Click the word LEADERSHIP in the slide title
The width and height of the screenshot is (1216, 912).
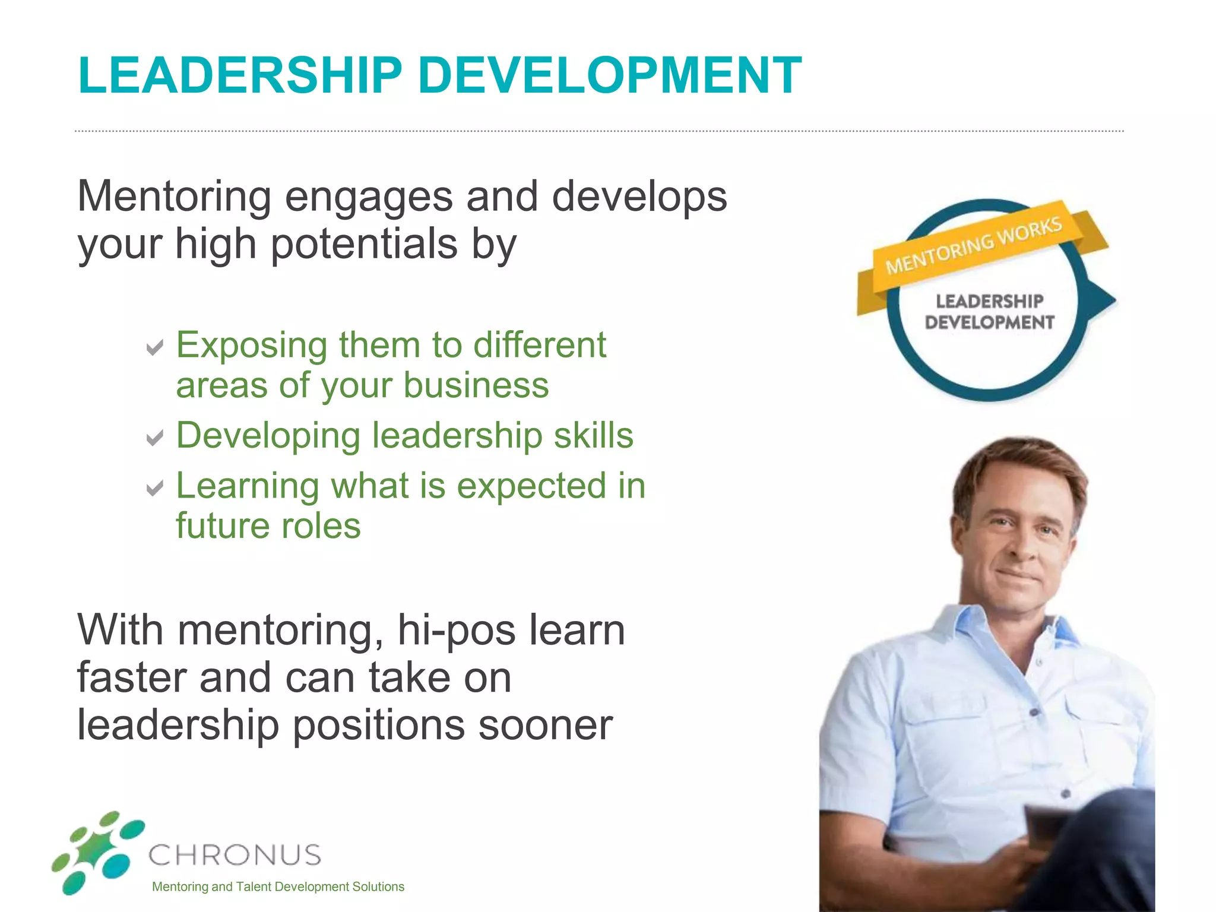click(x=240, y=75)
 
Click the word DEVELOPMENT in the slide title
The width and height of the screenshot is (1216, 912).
click(x=609, y=75)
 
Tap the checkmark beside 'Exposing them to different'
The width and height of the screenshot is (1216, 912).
click(x=154, y=347)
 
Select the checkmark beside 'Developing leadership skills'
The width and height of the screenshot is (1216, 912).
click(x=154, y=438)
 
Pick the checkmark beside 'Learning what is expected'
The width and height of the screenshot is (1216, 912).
click(x=154, y=488)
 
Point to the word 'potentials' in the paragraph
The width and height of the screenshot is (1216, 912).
click(x=364, y=245)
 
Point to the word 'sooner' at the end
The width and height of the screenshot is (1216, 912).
click(x=545, y=726)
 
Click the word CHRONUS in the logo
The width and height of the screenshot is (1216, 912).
click(x=235, y=856)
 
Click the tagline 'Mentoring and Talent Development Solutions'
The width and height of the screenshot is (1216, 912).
click(x=278, y=887)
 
